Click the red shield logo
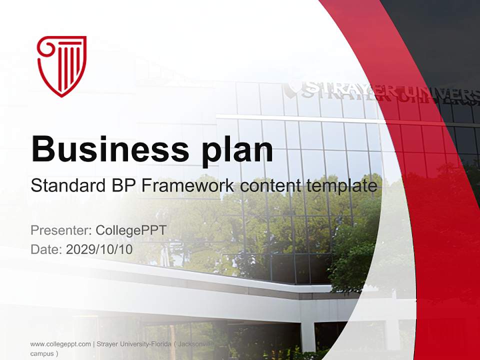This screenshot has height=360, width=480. [x=62, y=65]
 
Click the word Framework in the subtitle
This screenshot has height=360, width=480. [x=187, y=186]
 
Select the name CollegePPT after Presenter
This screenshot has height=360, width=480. [x=130, y=230]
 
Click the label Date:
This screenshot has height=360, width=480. [x=46, y=249]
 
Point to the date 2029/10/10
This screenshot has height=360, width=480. [x=99, y=249]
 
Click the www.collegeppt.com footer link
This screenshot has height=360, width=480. [x=60, y=344]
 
